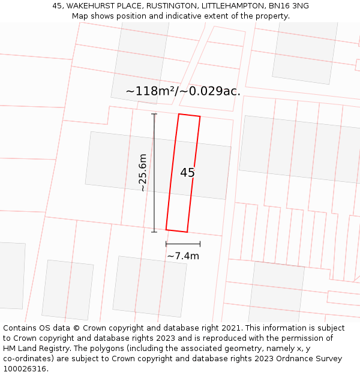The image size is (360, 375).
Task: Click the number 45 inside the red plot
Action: (187, 173)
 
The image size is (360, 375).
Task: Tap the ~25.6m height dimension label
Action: (142, 173)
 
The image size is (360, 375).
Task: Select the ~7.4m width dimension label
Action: (183, 256)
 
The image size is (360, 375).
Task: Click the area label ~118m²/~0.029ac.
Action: (183, 91)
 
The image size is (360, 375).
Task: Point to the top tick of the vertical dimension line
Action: (154, 114)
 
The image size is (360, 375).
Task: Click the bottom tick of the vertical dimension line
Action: (154, 232)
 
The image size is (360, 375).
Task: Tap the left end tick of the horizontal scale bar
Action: (166, 244)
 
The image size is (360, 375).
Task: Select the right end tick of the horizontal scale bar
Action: (200, 244)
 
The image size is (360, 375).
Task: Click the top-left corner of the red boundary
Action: (179, 114)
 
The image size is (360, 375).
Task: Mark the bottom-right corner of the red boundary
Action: (187, 232)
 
